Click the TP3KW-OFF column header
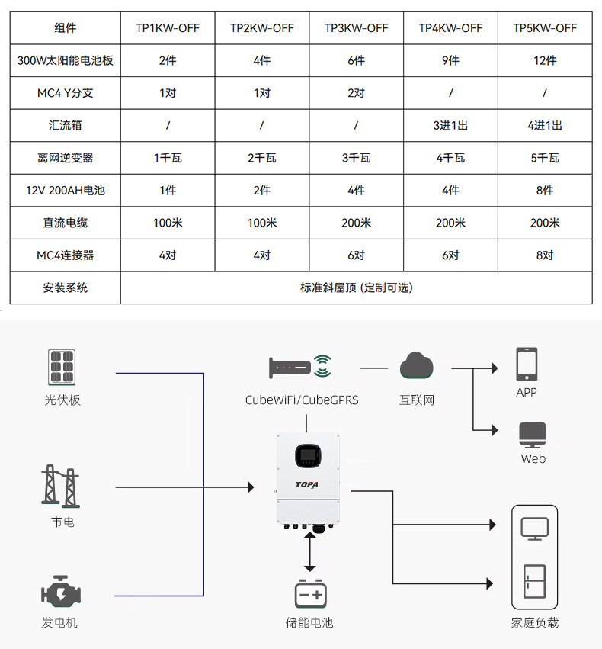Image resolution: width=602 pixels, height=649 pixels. [356, 28]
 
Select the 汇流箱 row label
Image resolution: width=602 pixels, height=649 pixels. [65, 125]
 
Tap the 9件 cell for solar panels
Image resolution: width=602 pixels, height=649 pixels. [450, 61]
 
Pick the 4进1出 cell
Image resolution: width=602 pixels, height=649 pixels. [545, 125]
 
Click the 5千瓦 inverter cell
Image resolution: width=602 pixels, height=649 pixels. [545, 158]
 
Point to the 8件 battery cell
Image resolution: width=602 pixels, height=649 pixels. [545, 191]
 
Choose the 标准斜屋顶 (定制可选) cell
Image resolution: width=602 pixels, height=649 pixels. [356, 288]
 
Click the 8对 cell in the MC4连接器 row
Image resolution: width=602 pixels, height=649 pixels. [545, 255]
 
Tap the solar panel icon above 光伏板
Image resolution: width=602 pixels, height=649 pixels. [62, 368]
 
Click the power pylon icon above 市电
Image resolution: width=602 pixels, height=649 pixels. [60, 485]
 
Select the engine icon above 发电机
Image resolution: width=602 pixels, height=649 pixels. [60, 593]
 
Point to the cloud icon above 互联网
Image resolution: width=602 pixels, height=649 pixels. [417, 366]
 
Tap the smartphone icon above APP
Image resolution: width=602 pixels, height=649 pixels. [527, 365]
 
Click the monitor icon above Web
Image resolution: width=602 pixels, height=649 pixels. [533, 434]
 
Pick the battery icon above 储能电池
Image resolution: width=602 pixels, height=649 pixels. [309, 593]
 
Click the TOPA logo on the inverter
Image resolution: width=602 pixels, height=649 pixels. [307, 484]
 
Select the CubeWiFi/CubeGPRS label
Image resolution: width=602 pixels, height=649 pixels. [302, 400]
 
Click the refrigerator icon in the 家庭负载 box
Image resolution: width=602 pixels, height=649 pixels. [533, 583]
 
